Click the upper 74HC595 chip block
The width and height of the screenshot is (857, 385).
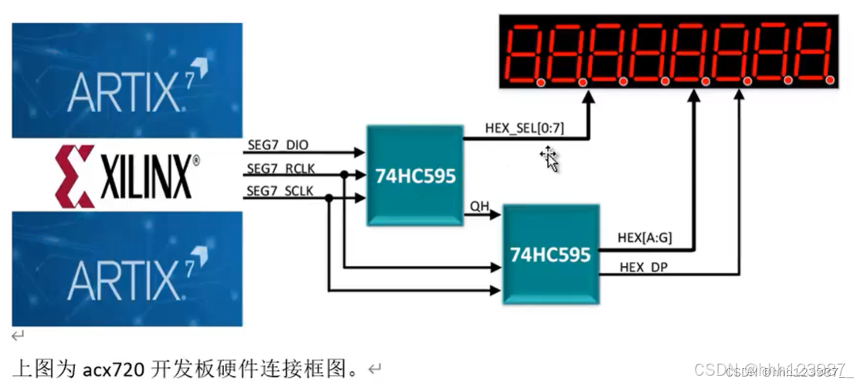[x=415, y=175]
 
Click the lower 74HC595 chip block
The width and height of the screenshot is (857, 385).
[x=550, y=254]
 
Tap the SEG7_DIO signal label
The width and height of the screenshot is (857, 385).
[x=277, y=145]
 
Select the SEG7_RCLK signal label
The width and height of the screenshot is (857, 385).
[x=281, y=169]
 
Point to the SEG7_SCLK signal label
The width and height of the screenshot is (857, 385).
[x=281, y=191]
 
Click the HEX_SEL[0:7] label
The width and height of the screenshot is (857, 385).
[x=524, y=128]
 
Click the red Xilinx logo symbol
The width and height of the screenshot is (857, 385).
[x=75, y=175]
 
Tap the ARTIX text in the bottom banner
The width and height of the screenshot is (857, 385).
[x=124, y=280]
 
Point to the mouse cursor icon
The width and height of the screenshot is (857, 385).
[x=549, y=158]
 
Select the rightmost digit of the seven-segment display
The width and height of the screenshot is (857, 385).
[x=815, y=53]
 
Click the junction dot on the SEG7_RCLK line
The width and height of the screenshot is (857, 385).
[x=343, y=175]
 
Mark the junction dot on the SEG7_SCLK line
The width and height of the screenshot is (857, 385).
[x=328, y=198]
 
